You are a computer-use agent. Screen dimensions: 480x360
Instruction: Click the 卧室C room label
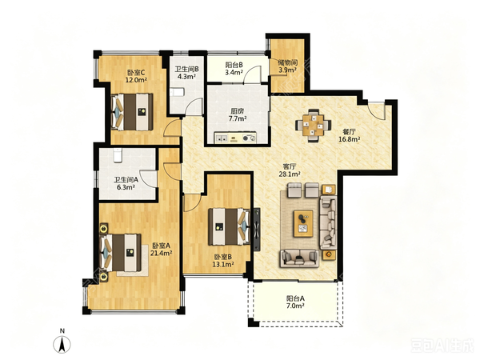point(136,73)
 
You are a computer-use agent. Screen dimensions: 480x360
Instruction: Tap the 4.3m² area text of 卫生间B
point(186,77)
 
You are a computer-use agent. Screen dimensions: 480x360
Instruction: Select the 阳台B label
point(234,65)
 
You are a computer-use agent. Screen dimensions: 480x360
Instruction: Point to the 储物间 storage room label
point(287,62)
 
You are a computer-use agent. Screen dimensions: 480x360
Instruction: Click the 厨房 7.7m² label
point(238,114)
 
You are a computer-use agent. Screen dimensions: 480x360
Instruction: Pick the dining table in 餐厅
point(313,125)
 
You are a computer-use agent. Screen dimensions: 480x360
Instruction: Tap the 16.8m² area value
point(349,139)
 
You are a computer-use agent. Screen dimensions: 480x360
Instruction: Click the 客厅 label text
point(290,167)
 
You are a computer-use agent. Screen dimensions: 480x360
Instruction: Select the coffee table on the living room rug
point(303,223)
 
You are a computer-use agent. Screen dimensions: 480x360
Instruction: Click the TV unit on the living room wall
point(257,230)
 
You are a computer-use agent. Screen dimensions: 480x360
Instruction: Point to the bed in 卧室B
point(229,226)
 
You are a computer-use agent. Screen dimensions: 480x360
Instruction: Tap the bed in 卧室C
point(132,112)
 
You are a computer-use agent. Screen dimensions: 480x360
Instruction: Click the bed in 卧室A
point(122,253)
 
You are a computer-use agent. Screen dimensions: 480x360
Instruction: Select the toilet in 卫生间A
point(118,155)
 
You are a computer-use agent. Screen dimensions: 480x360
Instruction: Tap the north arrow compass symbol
point(62,343)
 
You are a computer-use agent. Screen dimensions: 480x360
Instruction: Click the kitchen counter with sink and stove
point(235,138)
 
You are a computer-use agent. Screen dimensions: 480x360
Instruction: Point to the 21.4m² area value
point(161,253)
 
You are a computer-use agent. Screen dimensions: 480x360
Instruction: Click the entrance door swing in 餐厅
point(376,111)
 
